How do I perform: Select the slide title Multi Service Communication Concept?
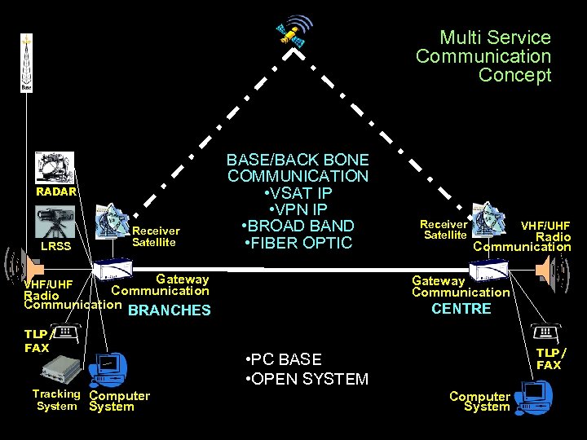483,56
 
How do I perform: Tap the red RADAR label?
55,192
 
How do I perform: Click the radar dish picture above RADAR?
55,168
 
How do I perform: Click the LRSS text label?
55,245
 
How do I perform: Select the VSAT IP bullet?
298,193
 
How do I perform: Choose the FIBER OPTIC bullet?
298,243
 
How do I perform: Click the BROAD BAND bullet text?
298,226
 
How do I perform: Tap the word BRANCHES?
170,310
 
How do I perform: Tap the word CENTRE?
461,309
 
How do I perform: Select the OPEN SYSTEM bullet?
307,379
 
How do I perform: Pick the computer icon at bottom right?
534,397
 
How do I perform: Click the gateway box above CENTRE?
488,270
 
